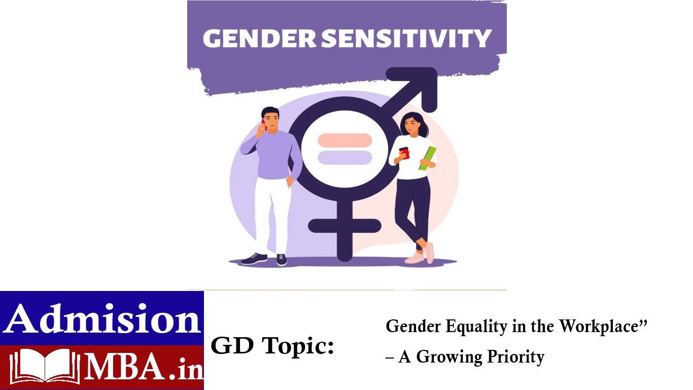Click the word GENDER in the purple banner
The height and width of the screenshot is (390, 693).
coord(259,39)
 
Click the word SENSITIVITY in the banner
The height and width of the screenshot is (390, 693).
coord(406,39)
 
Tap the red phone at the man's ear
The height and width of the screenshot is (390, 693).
coord(264,124)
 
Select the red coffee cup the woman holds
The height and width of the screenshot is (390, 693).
coord(404,153)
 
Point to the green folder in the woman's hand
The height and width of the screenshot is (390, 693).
coord(428,158)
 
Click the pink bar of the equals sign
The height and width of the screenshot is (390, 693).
coord(344,140)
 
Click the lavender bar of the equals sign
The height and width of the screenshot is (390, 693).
coord(344,157)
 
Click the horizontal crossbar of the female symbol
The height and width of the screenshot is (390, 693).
coord(344,226)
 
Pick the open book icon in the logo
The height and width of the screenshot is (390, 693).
coord(45,366)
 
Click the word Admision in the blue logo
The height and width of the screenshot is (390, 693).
coord(102,318)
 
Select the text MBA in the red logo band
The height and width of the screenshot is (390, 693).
coord(124,367)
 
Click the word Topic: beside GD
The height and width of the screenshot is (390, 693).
coord(298,346)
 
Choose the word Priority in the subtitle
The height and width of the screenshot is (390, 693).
coord(516,357)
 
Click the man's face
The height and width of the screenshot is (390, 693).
coord(271,122)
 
